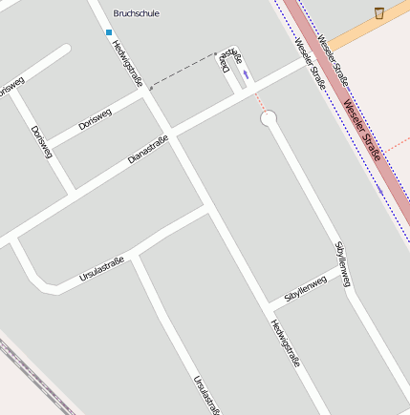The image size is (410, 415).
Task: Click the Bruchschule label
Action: pyautogui.click(x=136, y=13)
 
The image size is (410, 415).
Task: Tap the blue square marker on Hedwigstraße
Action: pyautogui.click(x=109, y=31)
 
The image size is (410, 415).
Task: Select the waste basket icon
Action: pyautogui.click(x=379, y=12)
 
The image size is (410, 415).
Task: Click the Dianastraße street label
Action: pyautogui.click(x=148, y=150)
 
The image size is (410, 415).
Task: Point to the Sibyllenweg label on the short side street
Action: pyautogui.click(x=305, y=290)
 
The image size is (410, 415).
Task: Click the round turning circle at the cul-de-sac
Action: pyautogui.click(x=269, y=118)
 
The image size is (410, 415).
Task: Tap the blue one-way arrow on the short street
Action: pyautogui.click(x=248, y=73)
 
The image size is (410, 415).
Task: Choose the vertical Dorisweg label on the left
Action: pyautogui.click(x=40, y=141)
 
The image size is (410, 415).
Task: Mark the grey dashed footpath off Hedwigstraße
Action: pyautogui.click(x=191, y=68)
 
